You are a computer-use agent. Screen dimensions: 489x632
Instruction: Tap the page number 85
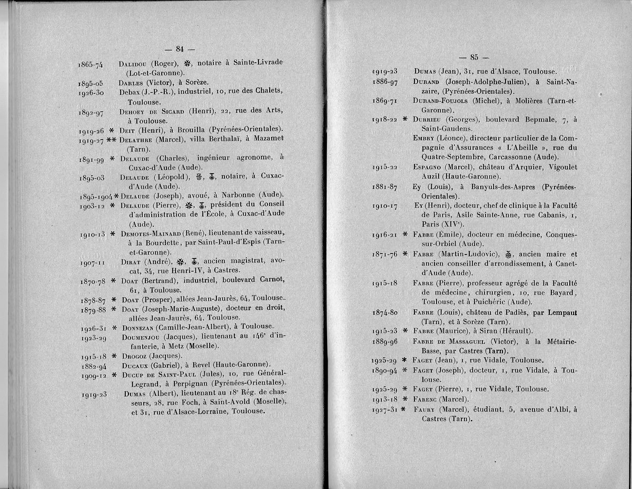(x=474, y=57)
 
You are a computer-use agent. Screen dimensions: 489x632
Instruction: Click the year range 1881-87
(x=384, y=187)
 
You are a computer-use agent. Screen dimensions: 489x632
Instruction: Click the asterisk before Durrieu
(x=405, y=119)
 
